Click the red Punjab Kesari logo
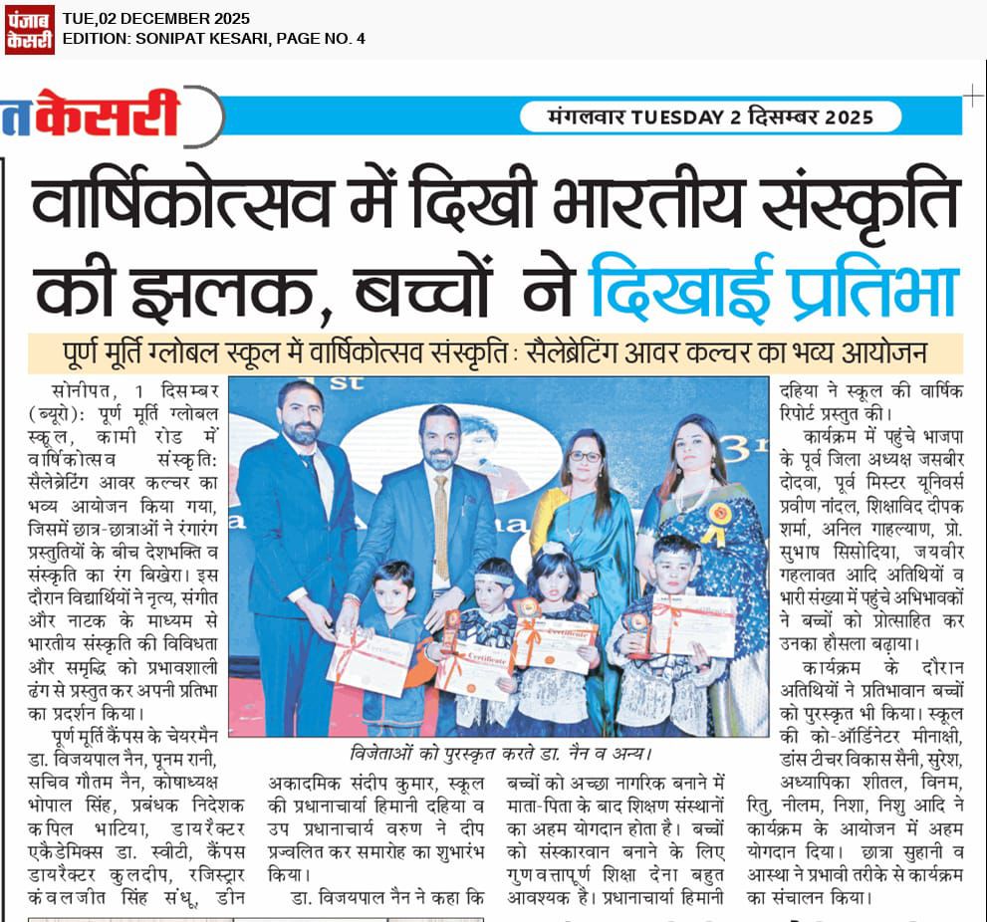29,29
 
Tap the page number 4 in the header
361,39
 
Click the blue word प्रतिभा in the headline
866,288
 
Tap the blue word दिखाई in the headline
677,288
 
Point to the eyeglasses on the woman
586,457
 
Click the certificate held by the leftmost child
370,662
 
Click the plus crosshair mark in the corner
972,96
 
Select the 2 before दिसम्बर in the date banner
736,117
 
